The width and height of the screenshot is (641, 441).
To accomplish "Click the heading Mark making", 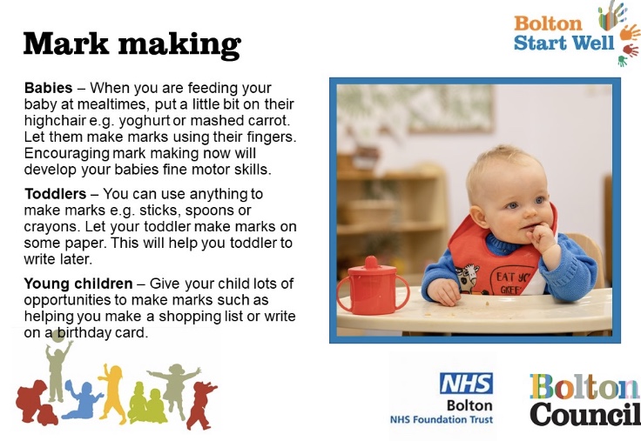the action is (x=132, y=44).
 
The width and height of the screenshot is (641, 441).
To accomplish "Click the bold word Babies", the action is (x=48, y=88).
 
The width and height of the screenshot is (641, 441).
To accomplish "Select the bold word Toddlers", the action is (x=55, y=194).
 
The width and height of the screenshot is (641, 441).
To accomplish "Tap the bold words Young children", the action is (x=78, y=284).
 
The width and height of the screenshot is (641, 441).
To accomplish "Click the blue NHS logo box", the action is (x=466, y=383).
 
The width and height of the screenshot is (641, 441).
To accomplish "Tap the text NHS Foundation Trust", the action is (x=441, y=419).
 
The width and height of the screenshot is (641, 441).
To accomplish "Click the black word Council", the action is (x=585, y=414).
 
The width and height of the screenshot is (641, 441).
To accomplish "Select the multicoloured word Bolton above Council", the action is (x=584, y=387).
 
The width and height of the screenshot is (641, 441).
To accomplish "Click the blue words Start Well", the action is (x=563, y=43).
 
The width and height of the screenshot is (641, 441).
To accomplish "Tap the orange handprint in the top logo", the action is (x=630, y=33).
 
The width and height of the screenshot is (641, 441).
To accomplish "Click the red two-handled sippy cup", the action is (x=372, y=286).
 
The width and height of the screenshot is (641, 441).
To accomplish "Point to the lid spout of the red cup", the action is (x=371, y=261).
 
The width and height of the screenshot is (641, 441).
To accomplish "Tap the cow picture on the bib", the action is (x=468, y=278).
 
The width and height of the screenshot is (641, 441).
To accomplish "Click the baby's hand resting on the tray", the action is (x=444, y=291).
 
